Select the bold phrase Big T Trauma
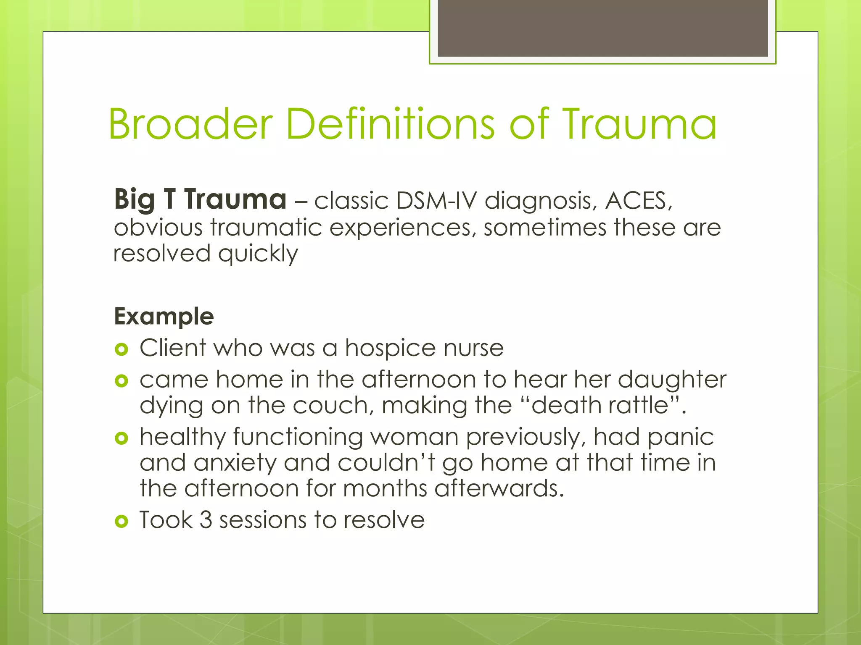[x=200, y=199]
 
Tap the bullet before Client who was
[x=121, y=349]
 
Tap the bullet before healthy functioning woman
[x=121, y=438]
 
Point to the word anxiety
[x=235, y=463]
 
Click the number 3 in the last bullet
[x=206, y=520]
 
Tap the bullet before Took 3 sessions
[x=121, y=522]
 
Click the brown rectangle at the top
[x=602, y=28]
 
